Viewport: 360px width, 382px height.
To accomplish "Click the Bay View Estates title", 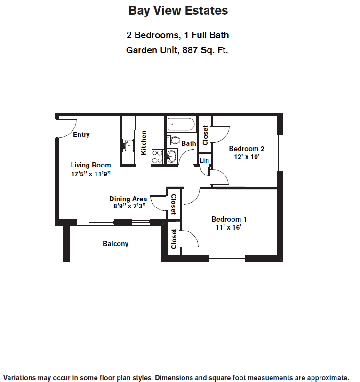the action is click(x=178, y=10).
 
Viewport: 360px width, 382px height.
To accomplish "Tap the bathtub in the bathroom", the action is click(x=181, y=124).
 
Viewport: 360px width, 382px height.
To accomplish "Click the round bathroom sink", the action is click(x=172, y=156).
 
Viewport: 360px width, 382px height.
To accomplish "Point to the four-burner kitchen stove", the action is click(x=157, y=157).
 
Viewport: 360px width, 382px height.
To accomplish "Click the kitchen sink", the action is click(x=128, y=145).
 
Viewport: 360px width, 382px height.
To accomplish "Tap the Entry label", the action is click(x=81, y=135).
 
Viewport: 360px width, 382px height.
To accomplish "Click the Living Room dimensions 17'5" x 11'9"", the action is click(x=91, y=174).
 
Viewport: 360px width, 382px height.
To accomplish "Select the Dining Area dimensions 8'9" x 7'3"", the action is click(x=129, y=206).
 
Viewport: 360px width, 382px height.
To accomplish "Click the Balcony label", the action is click(x=116, y=244).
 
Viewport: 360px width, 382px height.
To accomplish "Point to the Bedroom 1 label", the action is click(x=229, y=219).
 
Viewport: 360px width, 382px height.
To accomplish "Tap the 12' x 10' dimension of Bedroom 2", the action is click(x=247, y=157).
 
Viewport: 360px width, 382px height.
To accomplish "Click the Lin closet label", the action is click(x=204, y=160).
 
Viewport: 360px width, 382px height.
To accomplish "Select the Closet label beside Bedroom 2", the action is click(x=205, y=135).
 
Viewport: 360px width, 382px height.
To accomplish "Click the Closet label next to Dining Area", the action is click(x=174, y=204).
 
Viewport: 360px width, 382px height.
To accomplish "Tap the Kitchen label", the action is click(x=144, y=143).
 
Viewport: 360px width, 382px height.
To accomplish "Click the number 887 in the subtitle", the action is click(x=190, y=50).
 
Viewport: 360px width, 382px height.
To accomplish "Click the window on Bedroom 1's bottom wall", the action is click(x=227, y=259).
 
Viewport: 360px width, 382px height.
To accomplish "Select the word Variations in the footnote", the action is click(x=20, y=378).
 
